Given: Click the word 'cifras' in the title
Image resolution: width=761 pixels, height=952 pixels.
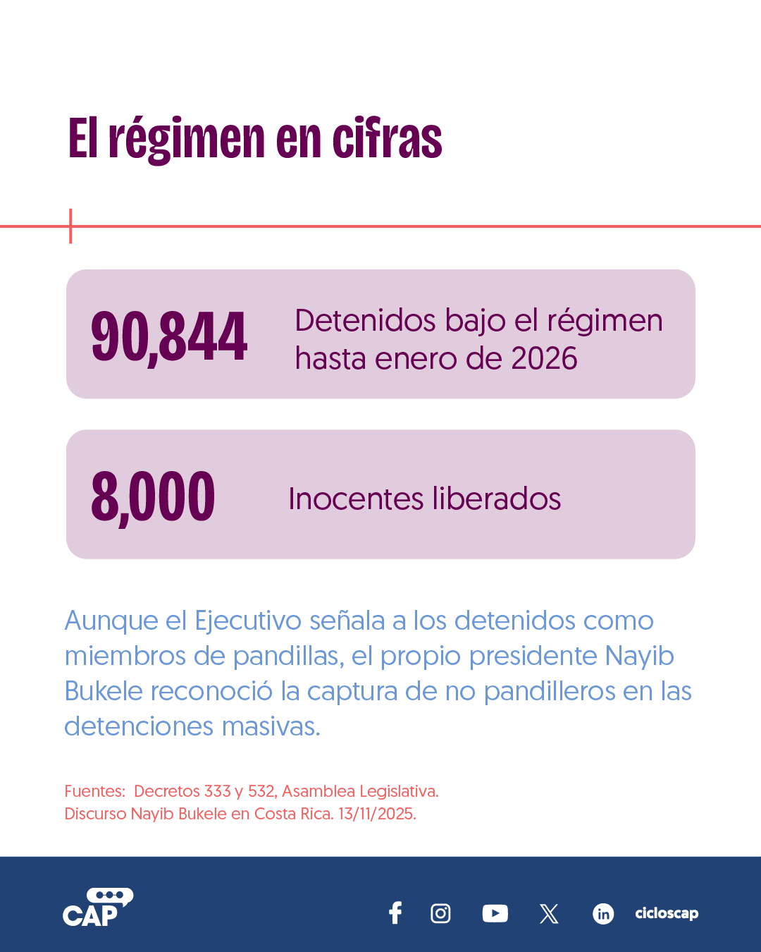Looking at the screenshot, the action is (388, 138).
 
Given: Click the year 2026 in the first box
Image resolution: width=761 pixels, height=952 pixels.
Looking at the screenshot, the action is (544, 358).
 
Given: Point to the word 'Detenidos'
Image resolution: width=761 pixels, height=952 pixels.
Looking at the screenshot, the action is (365, 320).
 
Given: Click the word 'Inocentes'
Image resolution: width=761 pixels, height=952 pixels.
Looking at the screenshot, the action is (356, 499).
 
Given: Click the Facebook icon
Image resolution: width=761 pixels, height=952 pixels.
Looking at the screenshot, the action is (395, 913).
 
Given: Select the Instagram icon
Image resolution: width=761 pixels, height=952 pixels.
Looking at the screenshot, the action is (440, 913).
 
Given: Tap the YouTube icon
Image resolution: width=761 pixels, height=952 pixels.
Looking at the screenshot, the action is (495, 913).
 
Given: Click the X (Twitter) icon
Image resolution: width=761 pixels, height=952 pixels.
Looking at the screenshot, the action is (549, 913).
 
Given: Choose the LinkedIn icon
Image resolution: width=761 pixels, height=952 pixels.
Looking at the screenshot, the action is (603, 914).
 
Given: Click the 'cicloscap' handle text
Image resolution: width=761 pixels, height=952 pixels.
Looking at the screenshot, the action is (667, 913).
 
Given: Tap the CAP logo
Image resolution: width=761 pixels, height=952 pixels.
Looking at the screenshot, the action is (98, 907).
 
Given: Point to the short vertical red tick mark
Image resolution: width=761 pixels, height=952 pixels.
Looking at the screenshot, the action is (70, 226).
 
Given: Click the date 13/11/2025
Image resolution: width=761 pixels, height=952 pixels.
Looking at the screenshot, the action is (377, 814).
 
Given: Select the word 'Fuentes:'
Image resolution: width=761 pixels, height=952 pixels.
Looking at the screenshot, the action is (95, 791).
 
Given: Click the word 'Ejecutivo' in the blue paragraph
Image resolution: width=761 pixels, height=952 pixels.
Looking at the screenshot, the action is (248, 621).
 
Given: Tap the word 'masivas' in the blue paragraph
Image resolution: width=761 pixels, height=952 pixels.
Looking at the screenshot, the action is (271, 726).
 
